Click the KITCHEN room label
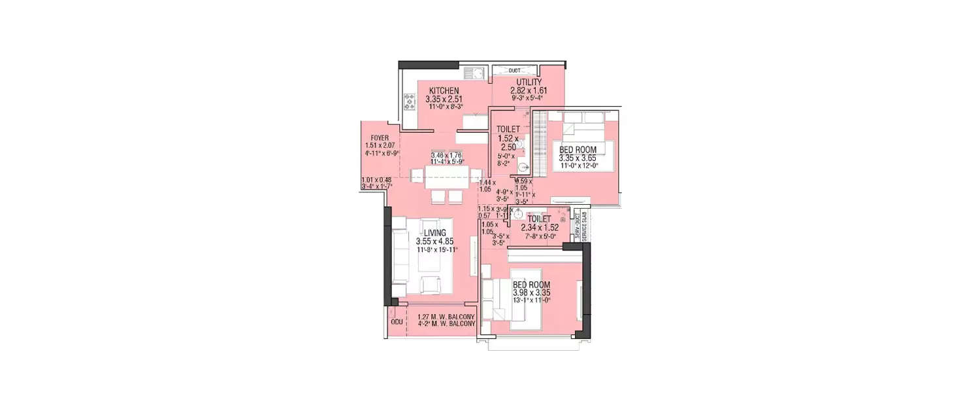pyautogui.click(x=444, y=91)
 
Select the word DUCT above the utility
pyautogui.click(x=514, y=69)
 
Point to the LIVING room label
pyautogui.click(x=434, y=233)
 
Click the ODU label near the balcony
pyautogui.click(x=396, y=323)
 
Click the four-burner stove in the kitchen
pyautogui.click(x=410, y=101)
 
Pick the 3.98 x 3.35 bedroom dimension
pyautogui.click(x=531, y=293)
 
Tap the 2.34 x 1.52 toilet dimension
pyautogui.click(x=540, y=228)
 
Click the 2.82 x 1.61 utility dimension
pyautogui.click(x=529, y=90)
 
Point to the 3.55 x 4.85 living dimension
pyautogui.click(x=434, y=241)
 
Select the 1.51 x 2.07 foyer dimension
pyautogui.click(x=380, y=146)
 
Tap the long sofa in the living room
pyautogui.click(x=400, y=257)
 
